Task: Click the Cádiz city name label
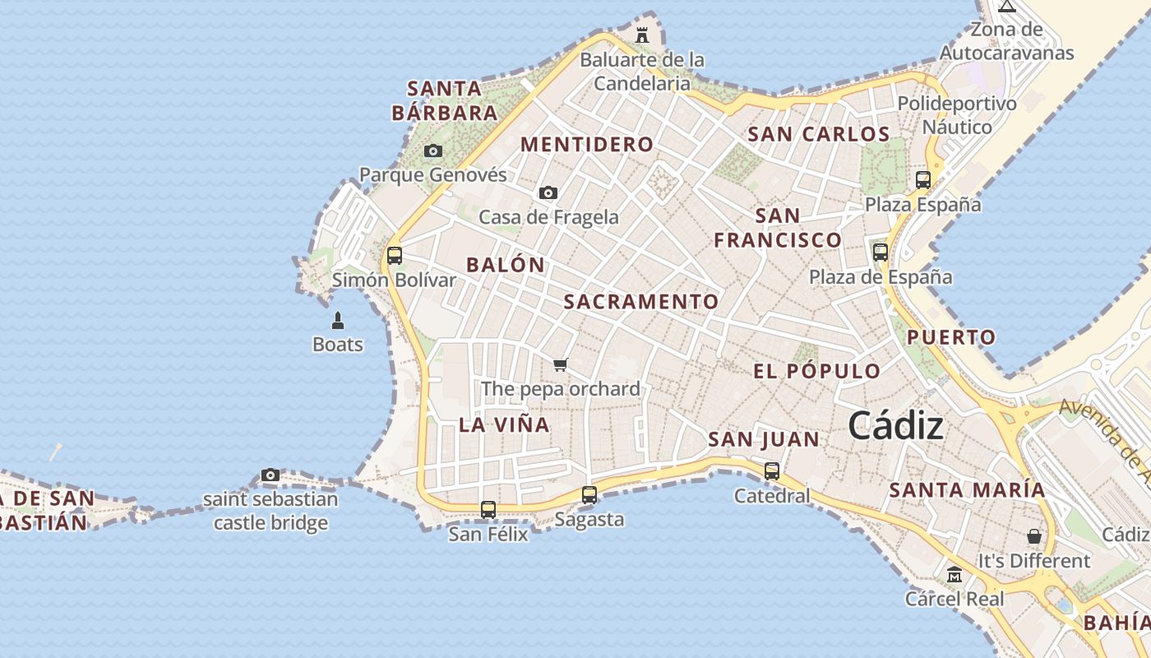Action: click(x=895, y=426)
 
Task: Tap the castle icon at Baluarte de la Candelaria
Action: click(x=642, y=35)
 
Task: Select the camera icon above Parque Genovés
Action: click(x=433, y=151)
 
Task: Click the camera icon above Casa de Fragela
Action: click(x=548, y=192)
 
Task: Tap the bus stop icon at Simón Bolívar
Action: click(x=395, y=255)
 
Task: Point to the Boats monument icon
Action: click(x=337, y=320)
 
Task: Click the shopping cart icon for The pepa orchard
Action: click(x=561, y=364)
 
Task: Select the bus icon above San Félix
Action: click(x=488, y=510)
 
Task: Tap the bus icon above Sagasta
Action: click(x=589, y=495)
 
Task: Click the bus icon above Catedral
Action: click(x=772, y=471)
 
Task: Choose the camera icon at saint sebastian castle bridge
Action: click(x=270, y=475)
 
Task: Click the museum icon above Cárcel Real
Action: click(x=955, y=574)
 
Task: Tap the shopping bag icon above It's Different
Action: click(x=1034, y=536)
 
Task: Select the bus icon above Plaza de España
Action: click(x=881, y=253)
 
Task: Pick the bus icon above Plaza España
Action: click(x=923, y=180)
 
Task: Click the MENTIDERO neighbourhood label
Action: click(x=587, y=145)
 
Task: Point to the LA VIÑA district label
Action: click(x=504, y=425)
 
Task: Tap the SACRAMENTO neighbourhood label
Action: click(x=641, y=302)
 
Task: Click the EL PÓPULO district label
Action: click(x=817, y=371)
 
